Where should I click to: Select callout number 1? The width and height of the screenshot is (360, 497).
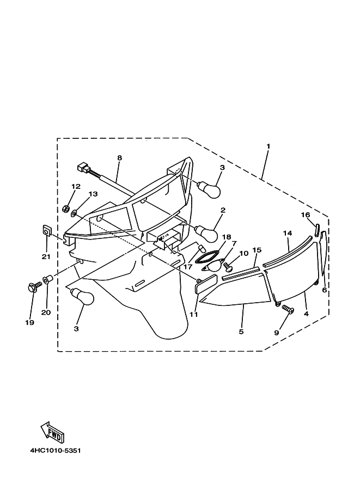coord(269,146)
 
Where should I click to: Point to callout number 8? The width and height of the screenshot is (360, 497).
coord(119,158)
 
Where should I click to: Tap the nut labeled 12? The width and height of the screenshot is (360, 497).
coord(65,208)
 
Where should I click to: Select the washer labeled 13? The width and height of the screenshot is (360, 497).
coord(74,213)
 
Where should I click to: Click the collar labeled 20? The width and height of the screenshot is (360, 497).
coord(47,279)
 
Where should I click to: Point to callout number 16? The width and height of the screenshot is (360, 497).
coord(305,214)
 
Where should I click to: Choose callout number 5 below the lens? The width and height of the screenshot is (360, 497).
coord(241,331)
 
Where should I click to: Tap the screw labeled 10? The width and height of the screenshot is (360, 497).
coord(227,266)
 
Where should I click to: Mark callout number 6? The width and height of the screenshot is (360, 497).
coord(325,290)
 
